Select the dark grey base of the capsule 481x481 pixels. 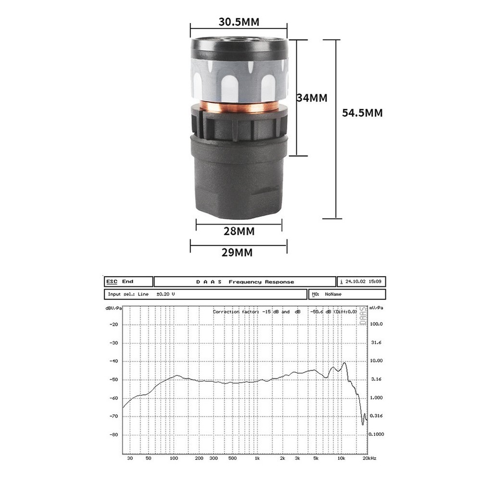click(239, 178)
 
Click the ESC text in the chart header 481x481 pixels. click(112, 281)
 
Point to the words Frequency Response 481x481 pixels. click(261, 282)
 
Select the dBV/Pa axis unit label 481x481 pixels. click(114, 307)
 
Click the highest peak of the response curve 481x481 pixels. click(344, 363)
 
